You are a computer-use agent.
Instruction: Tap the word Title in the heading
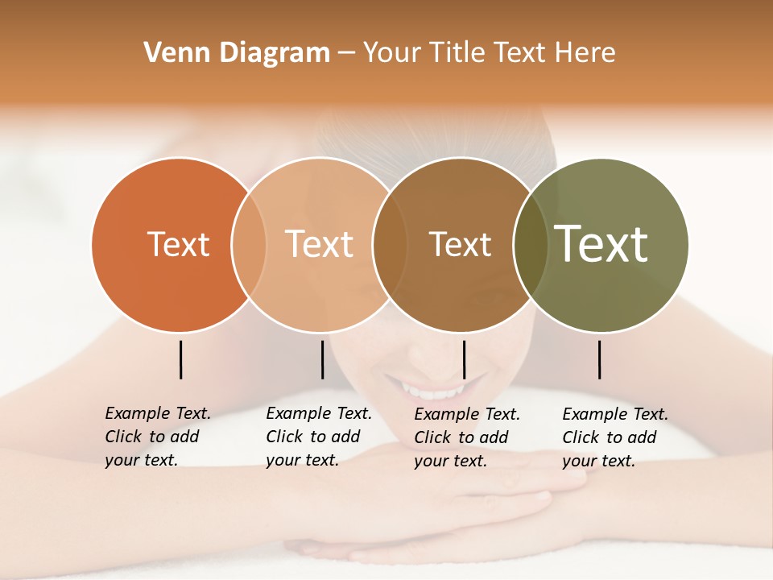pyautogui.click(x=455, y=53)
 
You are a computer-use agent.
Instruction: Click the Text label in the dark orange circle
pyautogui.click(x=178, y=244)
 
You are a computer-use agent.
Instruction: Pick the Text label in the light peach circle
pyautogui.click(x=319, y=244)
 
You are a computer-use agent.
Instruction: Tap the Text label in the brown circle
pyautogui.click(x=460, y=244)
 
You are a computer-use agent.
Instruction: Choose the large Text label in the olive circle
pyautogui.click(x=601, y=244)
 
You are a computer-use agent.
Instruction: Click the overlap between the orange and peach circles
pyautogui.click(x=249, y=244)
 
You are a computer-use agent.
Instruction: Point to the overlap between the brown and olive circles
pyautogui.click(x=530, y=244)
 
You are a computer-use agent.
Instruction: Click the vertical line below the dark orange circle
pyautogui.click(x=181, y=359)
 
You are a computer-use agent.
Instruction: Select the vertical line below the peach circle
pyautogui.click(x=322, y=359)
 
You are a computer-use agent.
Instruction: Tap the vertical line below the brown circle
pyautogui.click(x=465, y=359)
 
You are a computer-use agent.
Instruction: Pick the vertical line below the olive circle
pyautogui.click(x=600, y=359)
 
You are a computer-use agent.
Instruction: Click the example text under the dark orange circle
pyautogui.click(x=157, y=437)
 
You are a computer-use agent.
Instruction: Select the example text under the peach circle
pyautogui.click(x=318, y=437)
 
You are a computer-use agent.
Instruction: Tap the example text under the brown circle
pyautogui.click(x=466, y=437)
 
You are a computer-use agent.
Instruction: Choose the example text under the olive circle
pyautogui.click(x=614, y=437)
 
